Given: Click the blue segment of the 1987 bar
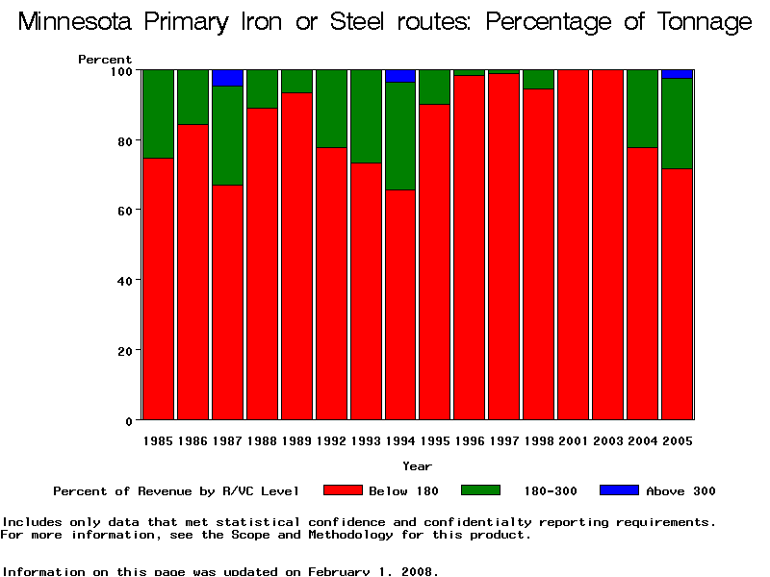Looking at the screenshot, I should (227, 78).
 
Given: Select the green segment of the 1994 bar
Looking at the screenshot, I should (400, 136).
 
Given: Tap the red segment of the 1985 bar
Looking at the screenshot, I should (158, 288).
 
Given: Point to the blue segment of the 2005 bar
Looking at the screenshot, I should (677, 74).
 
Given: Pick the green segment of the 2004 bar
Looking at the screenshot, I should (642, 109).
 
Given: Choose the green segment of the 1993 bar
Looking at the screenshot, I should (366, 116).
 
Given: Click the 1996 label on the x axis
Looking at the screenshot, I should (470, 441).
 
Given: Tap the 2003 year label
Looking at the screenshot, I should (607, 441).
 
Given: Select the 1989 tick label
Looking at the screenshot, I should (296, 441).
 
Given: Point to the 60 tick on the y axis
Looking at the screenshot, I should (125, 210).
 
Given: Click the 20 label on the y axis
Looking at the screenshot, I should (125, 351).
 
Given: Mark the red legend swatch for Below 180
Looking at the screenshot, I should (343, 490).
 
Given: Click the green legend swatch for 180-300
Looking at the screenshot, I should (481, 490).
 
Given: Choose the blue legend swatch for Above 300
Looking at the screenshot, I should (619, 490).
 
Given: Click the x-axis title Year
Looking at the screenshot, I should (417, 465).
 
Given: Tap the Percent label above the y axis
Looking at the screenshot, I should (105, 60).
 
